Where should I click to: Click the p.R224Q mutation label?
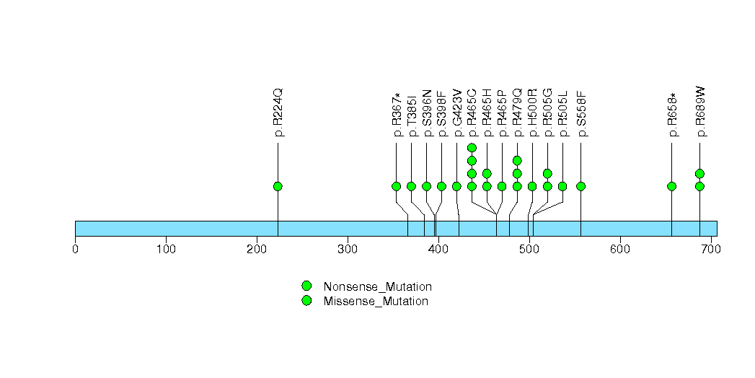click(278, 113)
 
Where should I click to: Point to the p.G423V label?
click(456, 113)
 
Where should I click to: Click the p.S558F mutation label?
click(581, 113)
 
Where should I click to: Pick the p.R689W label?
click(700, 113)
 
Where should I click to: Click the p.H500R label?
click(532, 113)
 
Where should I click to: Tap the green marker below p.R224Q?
click(278, 186)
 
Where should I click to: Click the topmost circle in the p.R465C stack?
click(472, 148)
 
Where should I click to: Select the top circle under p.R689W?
click(699, 173)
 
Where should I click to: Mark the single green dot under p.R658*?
click(672, 186)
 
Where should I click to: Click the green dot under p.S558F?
click(581, 186)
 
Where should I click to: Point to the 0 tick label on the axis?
click(75, 250)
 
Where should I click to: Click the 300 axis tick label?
click(348, 250)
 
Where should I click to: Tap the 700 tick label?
click(710, 250)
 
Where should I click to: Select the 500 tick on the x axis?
click(529, 250)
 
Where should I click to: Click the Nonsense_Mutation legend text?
click(377, 287)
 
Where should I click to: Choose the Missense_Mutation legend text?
click(376, 302)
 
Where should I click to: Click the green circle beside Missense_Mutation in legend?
click(306, 301)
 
